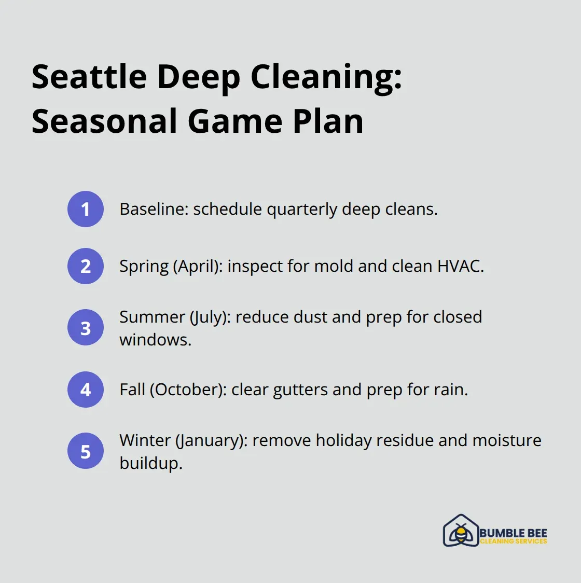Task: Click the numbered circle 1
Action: click(86, 209)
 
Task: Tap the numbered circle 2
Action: click(86, 266)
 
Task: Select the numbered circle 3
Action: click(86, 328)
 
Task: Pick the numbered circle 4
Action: click(86, 390)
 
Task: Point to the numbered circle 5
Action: click(86, 451)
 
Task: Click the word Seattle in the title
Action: click(90, 77)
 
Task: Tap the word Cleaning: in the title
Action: click(326, 77)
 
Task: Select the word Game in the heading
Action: click(235, 121)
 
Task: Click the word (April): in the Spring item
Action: click(198, 267)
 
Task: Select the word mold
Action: click(334, 266)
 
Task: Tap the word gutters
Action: click(300, 390)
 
